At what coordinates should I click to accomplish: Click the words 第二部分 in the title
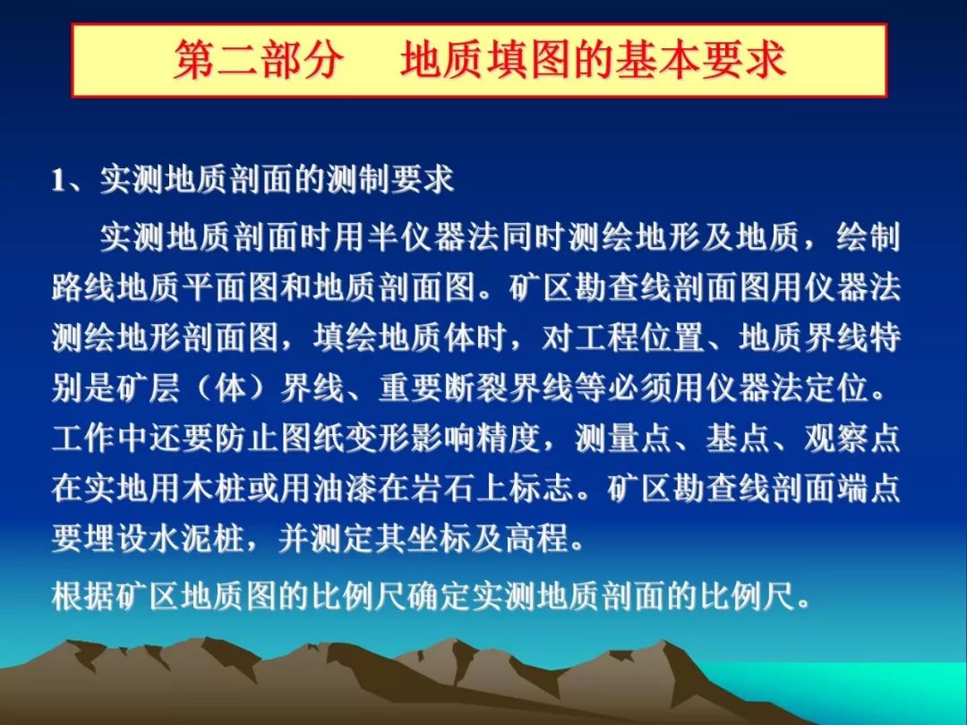tap(258, 60)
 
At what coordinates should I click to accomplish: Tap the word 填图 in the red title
tap(528, 60)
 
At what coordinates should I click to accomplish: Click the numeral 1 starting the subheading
tap(58, 180)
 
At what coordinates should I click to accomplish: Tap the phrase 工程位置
tap(639, 337)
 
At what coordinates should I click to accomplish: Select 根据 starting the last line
tap(84, 595)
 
